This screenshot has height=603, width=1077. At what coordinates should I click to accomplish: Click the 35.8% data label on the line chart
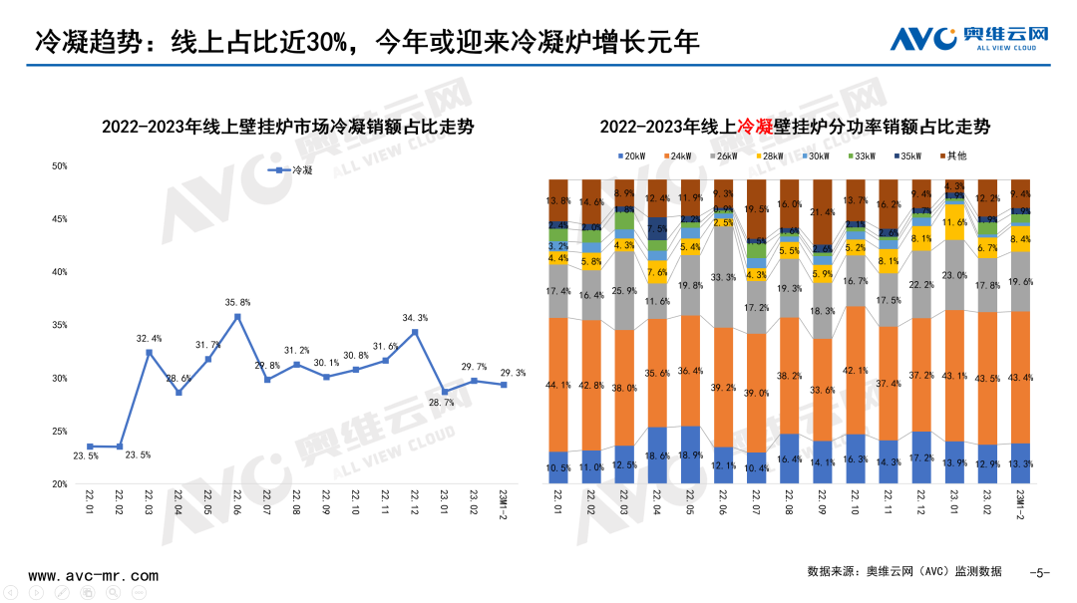(x=237, y=303)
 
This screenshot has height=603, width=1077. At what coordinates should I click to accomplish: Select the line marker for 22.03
(x=149, y=352)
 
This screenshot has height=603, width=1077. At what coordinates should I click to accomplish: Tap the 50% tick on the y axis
(x=60, y=166)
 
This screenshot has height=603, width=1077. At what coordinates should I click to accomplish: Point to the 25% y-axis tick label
(x=60, y=432)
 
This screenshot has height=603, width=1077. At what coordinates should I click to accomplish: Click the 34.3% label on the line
(x=415, y=318)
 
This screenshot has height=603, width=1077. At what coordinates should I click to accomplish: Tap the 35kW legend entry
(x=908, y=156)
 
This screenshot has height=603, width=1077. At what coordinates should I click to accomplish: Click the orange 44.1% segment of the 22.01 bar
(x=558, y=385)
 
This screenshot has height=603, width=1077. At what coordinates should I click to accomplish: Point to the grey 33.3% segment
(x=722, y=277)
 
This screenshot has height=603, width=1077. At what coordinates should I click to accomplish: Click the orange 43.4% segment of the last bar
(x=1020, y=377)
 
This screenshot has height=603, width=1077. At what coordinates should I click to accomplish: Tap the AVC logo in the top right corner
(x=968, y=38)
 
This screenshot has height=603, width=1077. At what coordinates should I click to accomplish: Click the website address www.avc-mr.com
(x=93, y=576)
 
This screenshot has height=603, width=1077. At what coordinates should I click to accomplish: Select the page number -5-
(x=1039, y=572)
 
